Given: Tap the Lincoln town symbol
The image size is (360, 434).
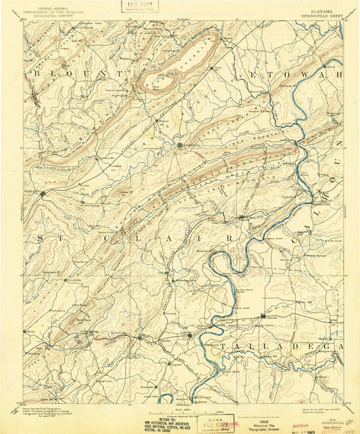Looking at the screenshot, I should (x=263, y=316).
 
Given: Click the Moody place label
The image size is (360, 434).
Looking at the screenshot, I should (x=32, y=332).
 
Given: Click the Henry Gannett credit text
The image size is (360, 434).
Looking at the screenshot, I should (x=41, y=407).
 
